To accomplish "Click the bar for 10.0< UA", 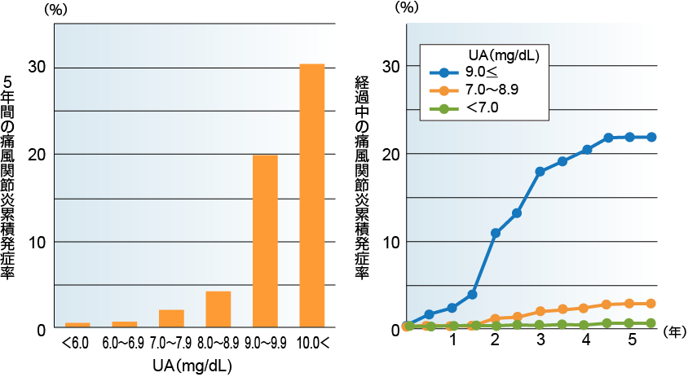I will pos(312,196).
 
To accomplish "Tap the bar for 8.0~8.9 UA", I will pos(218,309).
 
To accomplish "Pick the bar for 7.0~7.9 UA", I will pos(171,319).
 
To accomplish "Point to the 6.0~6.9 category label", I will pos(124,345).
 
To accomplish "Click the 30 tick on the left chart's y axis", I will pos(37,67).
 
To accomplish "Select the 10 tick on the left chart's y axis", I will pos(37,242).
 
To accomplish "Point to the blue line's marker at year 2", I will pos(495,233).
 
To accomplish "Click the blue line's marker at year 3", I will pos(540,172).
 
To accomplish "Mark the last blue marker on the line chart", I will pos(651,137).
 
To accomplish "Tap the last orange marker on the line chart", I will pos(651,304).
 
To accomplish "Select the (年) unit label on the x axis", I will pos(673,332).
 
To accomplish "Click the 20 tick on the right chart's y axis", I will pos(390,154).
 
